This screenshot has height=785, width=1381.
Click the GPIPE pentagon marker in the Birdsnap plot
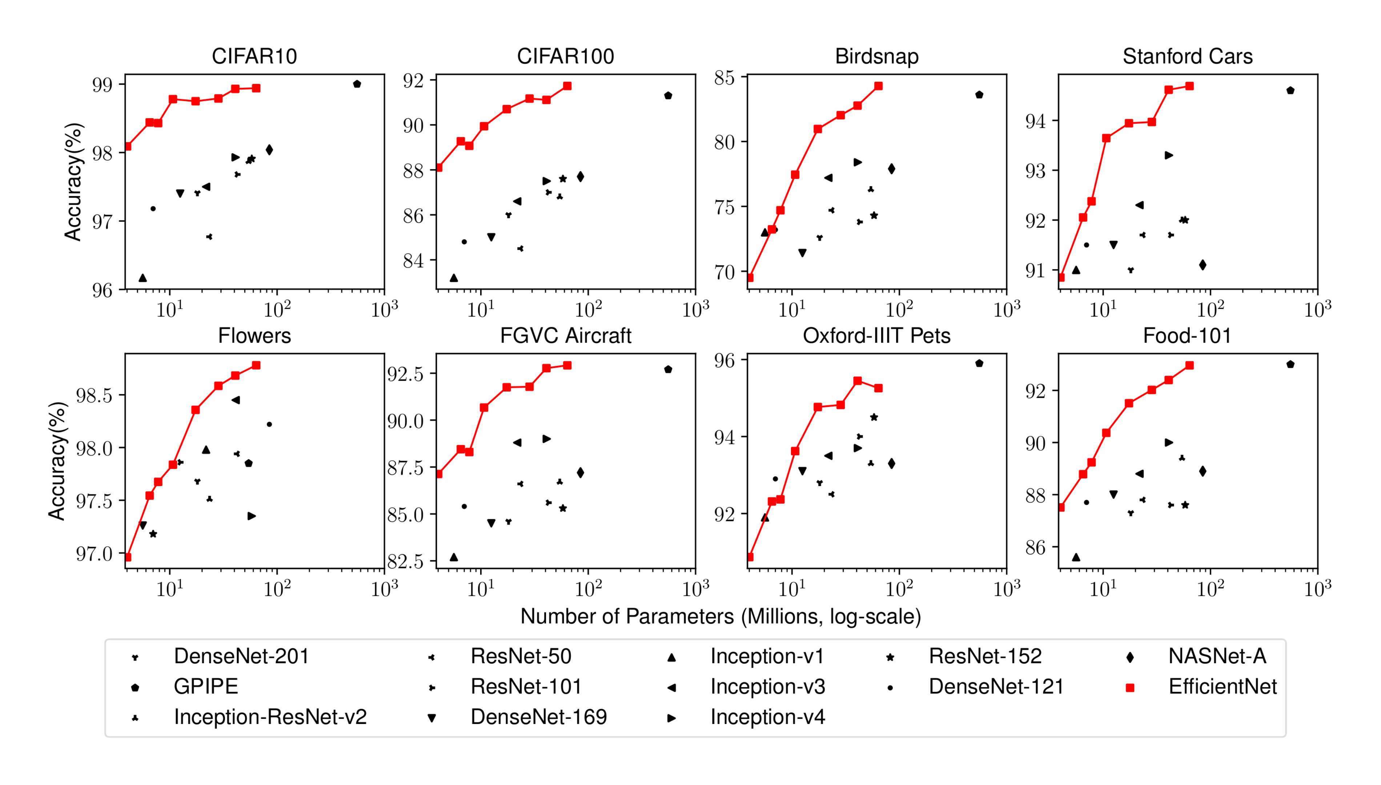(979, 95)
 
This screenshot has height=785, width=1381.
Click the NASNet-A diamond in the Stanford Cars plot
(1202, 265)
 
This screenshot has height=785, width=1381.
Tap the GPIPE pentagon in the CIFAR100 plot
(668, 95)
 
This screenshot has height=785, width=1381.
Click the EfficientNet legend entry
(1222, 686)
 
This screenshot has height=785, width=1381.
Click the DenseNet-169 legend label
(538, 717)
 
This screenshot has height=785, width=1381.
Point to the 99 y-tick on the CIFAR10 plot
(103, 85)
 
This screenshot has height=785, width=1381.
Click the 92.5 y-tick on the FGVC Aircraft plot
(405, 374)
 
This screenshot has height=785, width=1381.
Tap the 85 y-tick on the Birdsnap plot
(724, 78)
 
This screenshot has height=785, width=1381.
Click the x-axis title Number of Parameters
(720, 616)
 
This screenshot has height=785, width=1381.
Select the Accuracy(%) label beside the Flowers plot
(57, 461)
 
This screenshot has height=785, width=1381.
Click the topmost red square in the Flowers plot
(256, 365)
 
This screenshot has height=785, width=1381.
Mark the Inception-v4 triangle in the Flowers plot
(251, 516)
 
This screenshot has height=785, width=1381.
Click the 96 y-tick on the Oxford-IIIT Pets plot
(724, 360)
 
